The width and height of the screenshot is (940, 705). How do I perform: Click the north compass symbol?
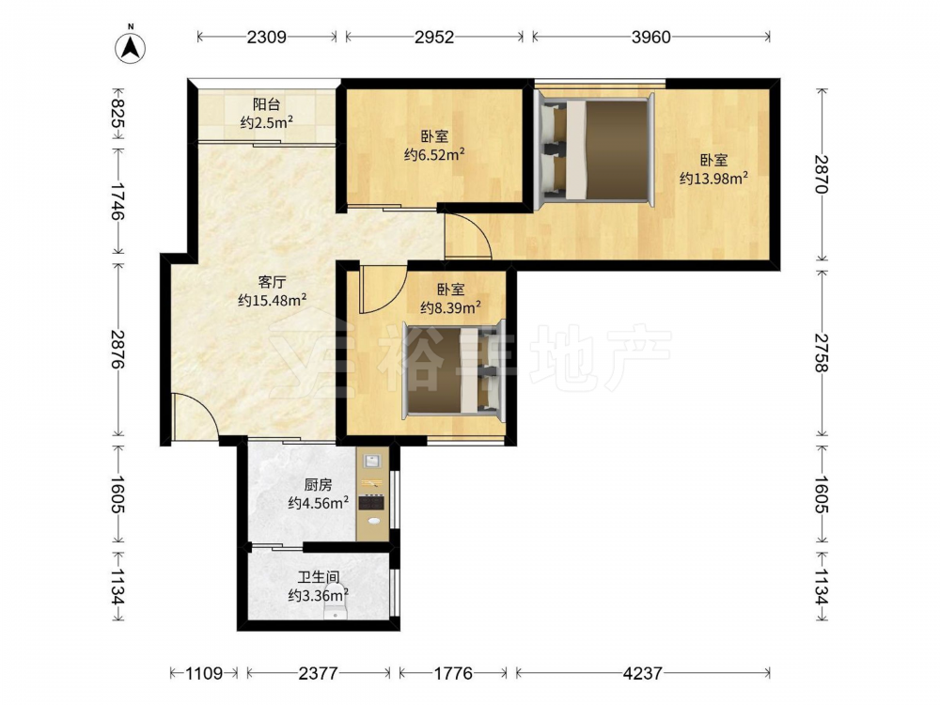(130, 45)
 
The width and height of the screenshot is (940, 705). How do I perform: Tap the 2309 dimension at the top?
(266, 38)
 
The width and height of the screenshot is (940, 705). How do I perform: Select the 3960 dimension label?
(651, 38)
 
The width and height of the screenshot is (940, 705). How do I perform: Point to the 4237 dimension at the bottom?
(642, 673)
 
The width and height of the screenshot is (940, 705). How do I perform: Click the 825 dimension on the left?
(117, 114)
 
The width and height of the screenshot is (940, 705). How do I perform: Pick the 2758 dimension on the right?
(822, 353)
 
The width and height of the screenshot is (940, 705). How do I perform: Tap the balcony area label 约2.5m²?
(266, 123)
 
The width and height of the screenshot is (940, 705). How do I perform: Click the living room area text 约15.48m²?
(273, 300)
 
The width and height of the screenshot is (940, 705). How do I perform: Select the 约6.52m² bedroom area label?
(434, 155)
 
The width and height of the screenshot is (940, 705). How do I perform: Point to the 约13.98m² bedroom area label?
(713, 178)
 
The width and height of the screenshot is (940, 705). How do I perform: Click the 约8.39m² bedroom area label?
(450, 307)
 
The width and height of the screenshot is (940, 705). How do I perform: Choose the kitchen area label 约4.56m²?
(319, 502)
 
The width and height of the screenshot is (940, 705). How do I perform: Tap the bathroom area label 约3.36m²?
(319, 595)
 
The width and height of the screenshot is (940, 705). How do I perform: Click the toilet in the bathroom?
(336, 611)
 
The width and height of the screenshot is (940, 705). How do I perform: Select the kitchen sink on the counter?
(372, 461)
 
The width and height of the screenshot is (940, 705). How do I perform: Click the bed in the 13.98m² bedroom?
(594, 149)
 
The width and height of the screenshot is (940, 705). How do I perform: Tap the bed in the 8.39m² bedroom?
(454, 369)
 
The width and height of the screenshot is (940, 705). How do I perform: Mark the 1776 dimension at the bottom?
(453, 673)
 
